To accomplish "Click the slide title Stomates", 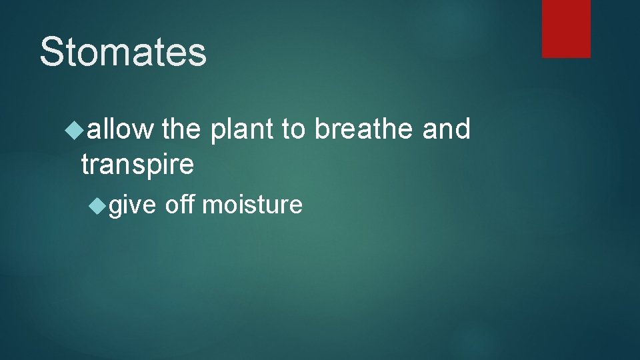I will [x=123, y=52].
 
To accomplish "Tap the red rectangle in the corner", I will [x=566, y=28].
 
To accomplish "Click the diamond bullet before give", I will [x=98, y=205].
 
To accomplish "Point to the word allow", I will [x=120, y=129].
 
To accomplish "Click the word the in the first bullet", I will [x=181, y=129].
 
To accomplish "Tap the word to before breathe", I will [x=294, y=129].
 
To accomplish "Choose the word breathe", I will [x=365, y=129].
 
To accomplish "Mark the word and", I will [x=447, y=129].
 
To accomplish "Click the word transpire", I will [x=137, y=165].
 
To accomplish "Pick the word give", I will [x=132, y=205].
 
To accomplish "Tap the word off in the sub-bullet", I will [x=180, y=205].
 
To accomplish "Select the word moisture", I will [x=252, y=205].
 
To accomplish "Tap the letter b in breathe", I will [x=323, y=129].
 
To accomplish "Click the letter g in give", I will [x=116, y=207].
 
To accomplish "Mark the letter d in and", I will [x=462, y=129].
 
